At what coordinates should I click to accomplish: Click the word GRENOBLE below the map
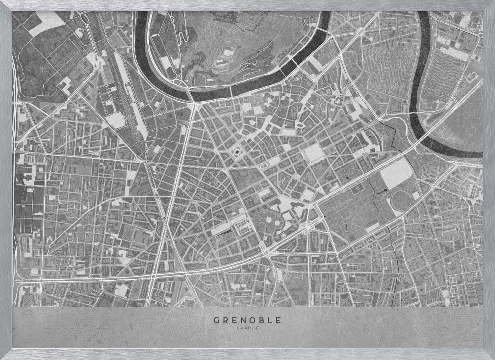click(x=247, y=320)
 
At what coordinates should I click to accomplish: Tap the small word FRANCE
click(x=247, y=327)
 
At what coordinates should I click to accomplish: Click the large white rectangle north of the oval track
click(x=396, y=173)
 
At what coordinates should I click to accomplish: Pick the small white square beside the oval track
click(x=415, y=196)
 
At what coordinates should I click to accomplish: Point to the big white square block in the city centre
click(x=314, y=153)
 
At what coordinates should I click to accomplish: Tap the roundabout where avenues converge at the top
click(x=360, y=31)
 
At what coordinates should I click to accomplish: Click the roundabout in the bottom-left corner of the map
click(x=41, y=280)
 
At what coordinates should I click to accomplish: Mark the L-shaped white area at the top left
click(x=47, y=25)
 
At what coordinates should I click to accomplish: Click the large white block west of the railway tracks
click(x=116, y=120)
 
